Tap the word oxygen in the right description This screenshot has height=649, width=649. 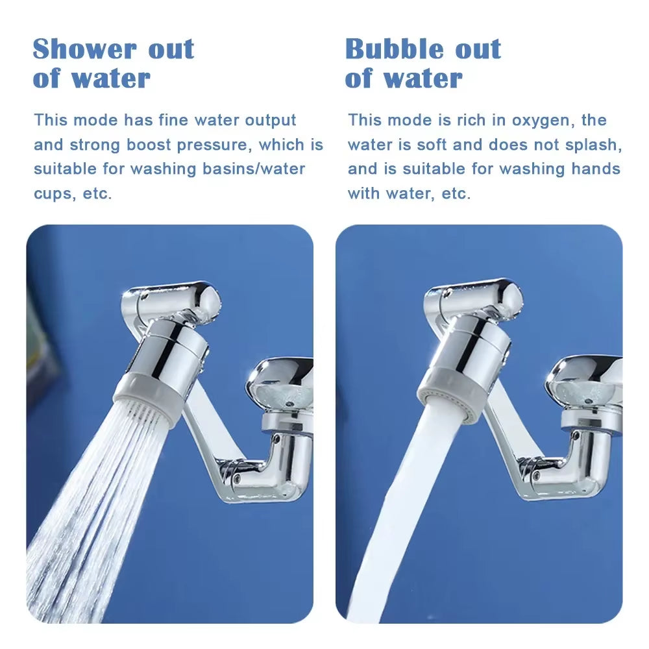tap(545, 120)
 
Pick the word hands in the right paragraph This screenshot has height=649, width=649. tap(596, 169)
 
